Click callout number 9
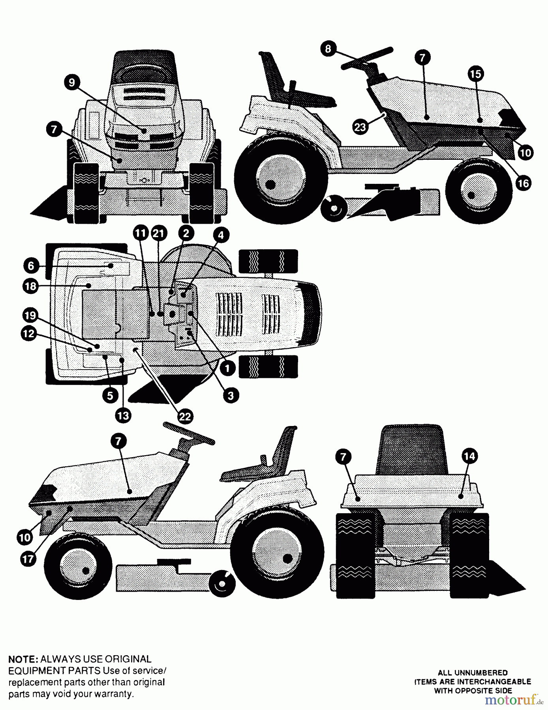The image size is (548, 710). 72,82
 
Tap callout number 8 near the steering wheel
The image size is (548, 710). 328,49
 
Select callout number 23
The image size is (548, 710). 360,127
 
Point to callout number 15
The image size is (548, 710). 476,74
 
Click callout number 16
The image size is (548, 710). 523,183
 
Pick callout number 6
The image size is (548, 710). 32,265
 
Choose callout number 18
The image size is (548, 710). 30,286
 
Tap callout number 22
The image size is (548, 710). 185,417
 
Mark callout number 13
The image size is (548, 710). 123,415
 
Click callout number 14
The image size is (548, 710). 469,457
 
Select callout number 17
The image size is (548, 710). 27,560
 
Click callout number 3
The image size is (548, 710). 231,395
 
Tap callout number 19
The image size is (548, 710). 29,316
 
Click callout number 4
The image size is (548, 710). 221,235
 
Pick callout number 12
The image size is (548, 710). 28,334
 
